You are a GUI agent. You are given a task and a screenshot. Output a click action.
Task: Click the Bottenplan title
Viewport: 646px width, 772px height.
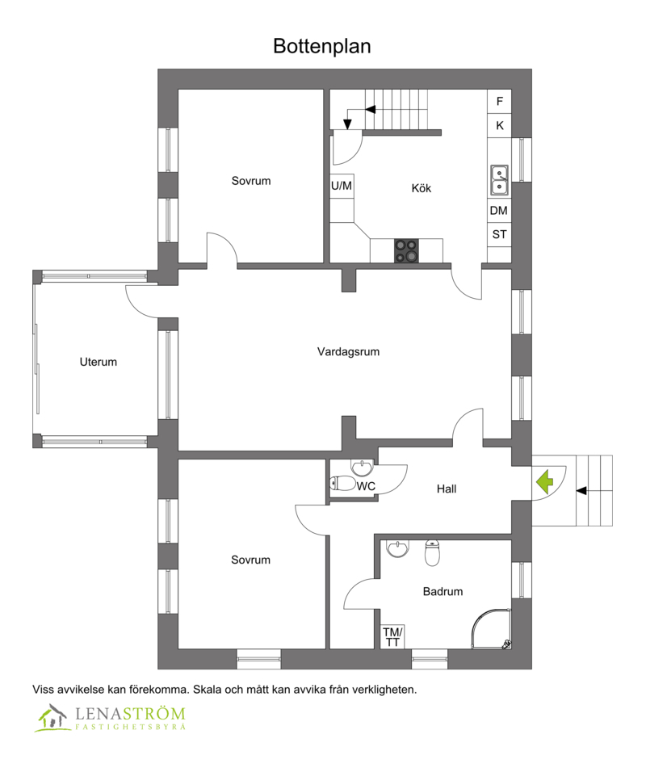point(321,46)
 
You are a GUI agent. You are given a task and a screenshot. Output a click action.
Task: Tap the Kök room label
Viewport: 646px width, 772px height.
point(421,188)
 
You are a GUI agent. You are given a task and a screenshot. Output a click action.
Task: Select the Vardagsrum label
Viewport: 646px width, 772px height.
point(348,351)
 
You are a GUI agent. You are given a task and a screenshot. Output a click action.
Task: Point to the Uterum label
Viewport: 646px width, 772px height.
point(98,362)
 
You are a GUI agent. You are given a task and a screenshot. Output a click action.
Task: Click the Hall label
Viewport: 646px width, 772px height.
point(447,489)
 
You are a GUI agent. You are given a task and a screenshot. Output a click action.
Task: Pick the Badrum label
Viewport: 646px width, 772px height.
point(443,591)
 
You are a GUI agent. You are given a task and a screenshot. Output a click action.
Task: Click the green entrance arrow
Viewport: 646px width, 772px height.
point(544,482)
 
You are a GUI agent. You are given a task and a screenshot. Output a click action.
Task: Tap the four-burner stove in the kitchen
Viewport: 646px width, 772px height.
point(406,250)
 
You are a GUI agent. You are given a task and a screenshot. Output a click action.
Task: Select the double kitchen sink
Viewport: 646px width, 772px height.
point(499,181)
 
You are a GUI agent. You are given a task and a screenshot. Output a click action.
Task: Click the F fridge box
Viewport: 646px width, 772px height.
point(499,102)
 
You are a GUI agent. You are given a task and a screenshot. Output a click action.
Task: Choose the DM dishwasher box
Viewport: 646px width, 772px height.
point(499,211)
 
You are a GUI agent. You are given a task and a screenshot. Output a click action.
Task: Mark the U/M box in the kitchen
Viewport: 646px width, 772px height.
point(342,186)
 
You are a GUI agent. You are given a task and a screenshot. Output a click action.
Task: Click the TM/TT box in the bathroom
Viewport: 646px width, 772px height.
point(392,636)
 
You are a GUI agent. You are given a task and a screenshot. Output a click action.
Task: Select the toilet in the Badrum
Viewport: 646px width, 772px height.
point(432,553)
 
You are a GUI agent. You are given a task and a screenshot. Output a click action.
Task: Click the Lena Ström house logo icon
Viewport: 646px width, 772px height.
point(52,716)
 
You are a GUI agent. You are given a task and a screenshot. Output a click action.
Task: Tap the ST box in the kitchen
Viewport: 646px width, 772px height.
point(499,235)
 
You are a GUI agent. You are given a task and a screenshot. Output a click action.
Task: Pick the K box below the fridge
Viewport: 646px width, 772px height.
point(499,126)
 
